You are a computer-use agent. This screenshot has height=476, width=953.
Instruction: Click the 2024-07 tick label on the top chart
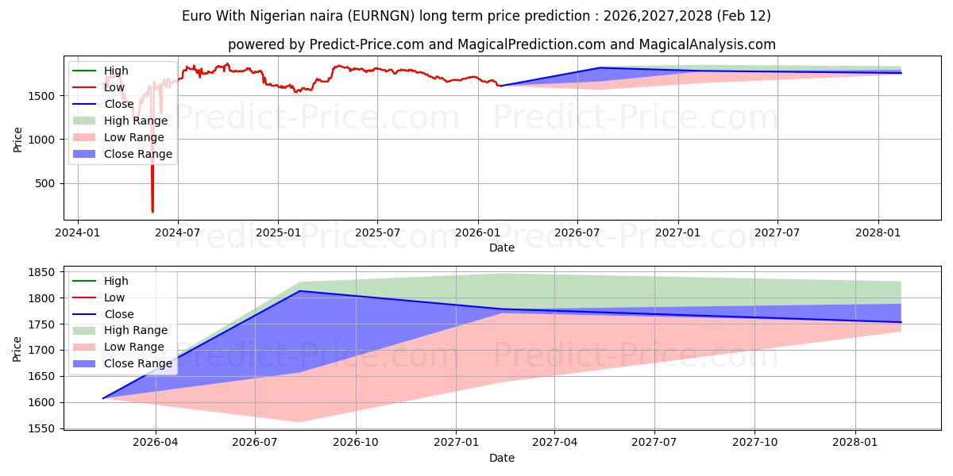177,233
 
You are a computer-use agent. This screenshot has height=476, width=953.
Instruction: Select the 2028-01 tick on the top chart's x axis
878,233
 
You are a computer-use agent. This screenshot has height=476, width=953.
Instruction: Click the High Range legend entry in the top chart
136,121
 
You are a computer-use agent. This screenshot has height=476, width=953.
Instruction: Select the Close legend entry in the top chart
119,104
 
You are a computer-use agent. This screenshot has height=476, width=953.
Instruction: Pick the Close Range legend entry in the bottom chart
137,363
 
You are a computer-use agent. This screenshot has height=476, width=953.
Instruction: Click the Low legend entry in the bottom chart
115,297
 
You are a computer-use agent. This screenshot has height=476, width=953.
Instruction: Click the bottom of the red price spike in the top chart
152,212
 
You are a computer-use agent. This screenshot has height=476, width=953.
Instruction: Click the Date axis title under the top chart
502,248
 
